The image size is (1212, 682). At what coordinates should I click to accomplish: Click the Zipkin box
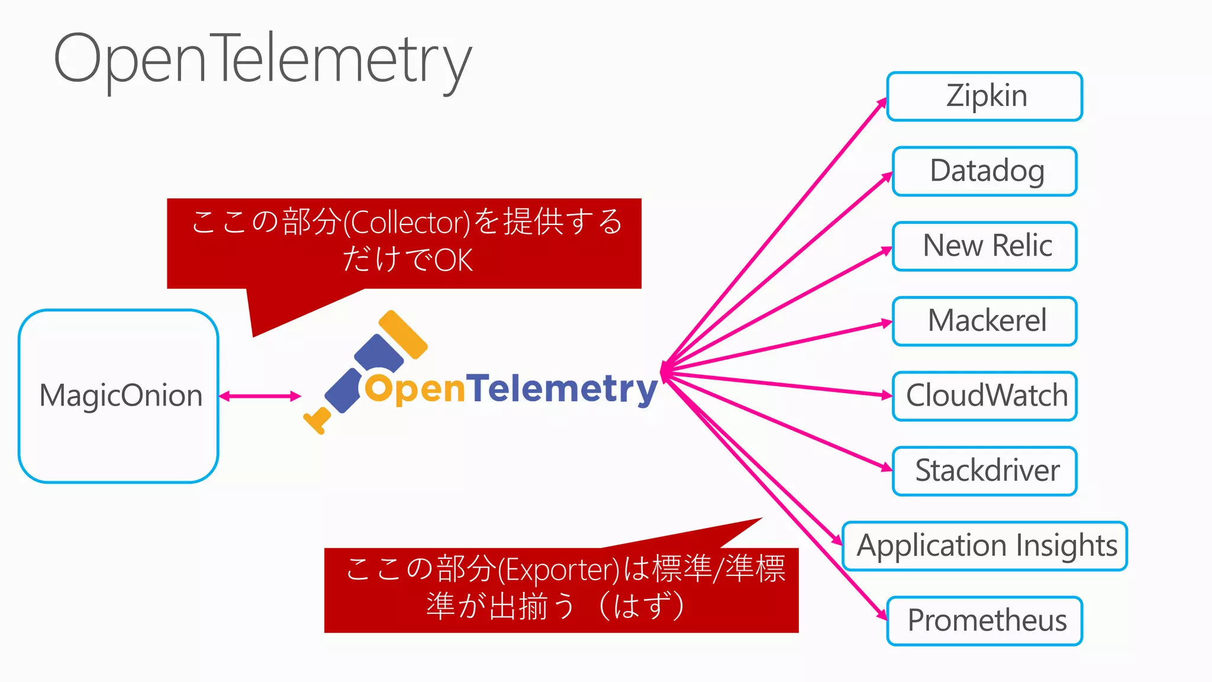coord(985,96)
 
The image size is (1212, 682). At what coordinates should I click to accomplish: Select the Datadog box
coord(985,171)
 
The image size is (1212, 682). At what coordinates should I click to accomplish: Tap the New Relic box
coord(985,246)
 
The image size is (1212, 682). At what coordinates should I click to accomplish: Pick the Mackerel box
coord(985,321)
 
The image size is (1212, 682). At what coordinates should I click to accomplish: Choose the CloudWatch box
coord(985,396)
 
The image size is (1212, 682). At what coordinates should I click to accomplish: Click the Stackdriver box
coord(985,471)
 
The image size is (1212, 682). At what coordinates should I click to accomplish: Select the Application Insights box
coord(985,546)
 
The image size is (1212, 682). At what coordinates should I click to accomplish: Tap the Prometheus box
coord(985,621)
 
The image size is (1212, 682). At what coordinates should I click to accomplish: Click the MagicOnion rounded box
coord(118,395)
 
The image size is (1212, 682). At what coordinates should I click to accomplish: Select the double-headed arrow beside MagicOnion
coord(260,396)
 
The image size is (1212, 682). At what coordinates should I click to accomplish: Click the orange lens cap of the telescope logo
coord(403,334)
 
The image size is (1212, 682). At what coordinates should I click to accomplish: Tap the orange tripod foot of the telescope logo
coord(317,420)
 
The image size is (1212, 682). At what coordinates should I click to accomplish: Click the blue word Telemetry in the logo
coord(565,390)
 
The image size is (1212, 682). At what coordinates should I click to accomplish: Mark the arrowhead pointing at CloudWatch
coord(887,395)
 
